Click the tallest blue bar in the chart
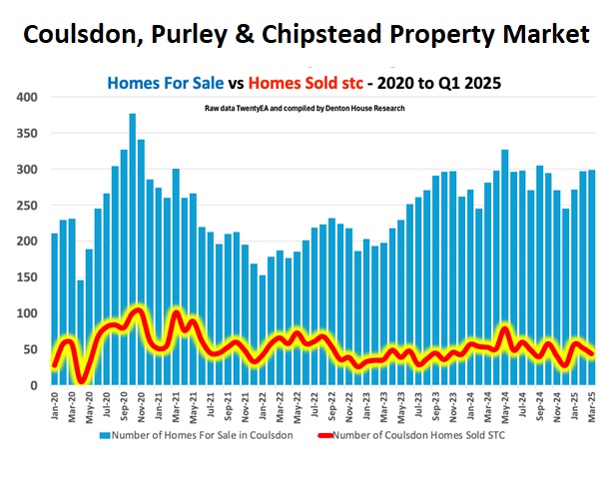pyautogui.click(x=132, y=249)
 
